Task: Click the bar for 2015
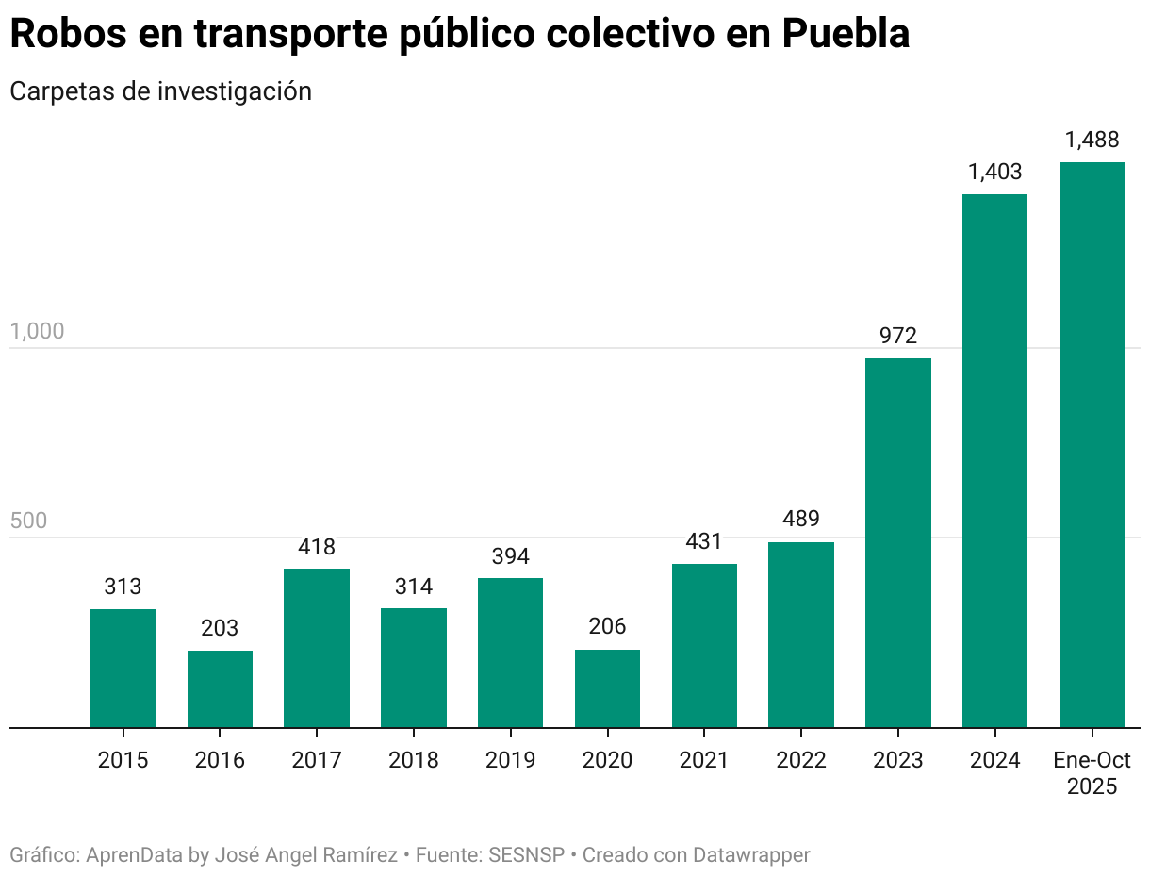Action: tap(123, 668)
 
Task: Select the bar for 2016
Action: tap(220, 688)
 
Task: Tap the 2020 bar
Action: tap(607, 688)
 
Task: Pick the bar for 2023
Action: tap(897, 542)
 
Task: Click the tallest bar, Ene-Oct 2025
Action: tap(1092, 444)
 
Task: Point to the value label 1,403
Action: tap(994, 173)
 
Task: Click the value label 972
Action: tap(897, 336)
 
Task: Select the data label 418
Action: tap(317, 547)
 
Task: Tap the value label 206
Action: tap(607, 627)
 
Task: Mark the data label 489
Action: tap(800, 520)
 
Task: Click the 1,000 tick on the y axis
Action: tap(37, 332)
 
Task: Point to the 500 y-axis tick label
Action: tap(28, 521)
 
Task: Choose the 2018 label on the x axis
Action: tap(413, 760)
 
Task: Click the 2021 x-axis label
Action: tap(703, 760)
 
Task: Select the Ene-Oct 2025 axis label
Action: tap(1092, 773)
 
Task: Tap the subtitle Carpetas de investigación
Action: tap(160, 91)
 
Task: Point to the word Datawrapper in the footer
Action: tap(751, 855)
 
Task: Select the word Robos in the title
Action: tap(67, 35)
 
